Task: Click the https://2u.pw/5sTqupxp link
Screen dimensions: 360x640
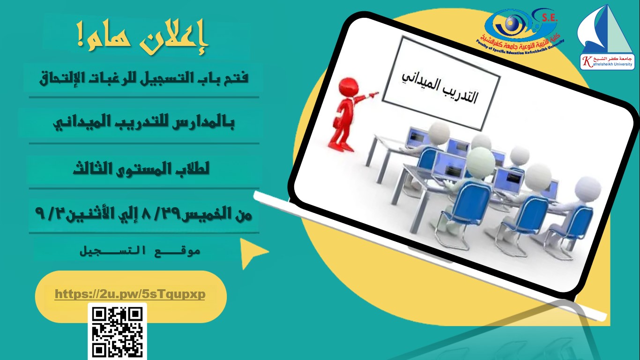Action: point(130,294)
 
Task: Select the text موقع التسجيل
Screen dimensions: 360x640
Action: point(141,251)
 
